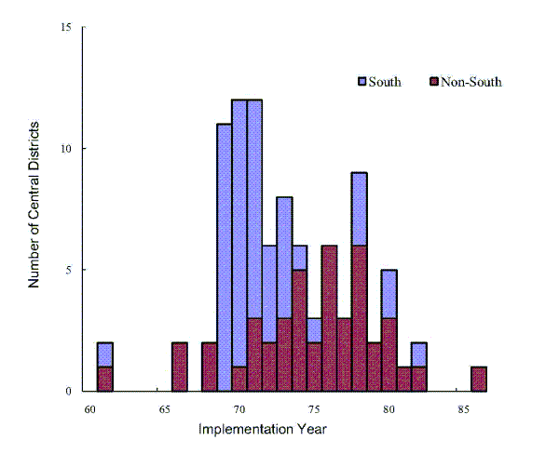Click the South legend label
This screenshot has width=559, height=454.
pos(385,82)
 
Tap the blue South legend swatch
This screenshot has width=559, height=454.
pos(363,82)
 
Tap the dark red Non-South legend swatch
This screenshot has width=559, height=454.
pos(433,82)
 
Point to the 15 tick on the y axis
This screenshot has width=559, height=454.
pos(66,27)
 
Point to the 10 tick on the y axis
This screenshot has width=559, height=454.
pos(66,149)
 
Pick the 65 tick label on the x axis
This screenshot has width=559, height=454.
pos(165,407)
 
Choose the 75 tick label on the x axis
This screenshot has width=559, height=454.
pos(314,407)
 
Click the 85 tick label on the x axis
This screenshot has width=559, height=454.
pos(463,407)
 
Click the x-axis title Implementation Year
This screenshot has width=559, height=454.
pos(262,429)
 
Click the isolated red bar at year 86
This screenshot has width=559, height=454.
pos(478,379)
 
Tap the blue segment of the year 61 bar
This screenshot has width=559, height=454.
pos(105,354)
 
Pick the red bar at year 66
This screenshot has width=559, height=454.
pos(180,367)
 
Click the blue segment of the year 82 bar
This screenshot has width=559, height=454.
pos(418,354)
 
